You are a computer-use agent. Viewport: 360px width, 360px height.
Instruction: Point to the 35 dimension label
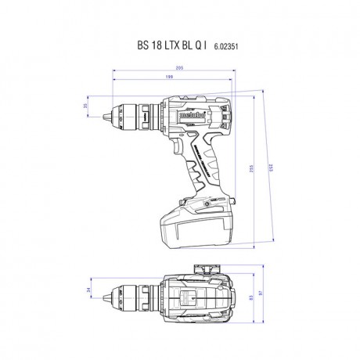tap(85, 105)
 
